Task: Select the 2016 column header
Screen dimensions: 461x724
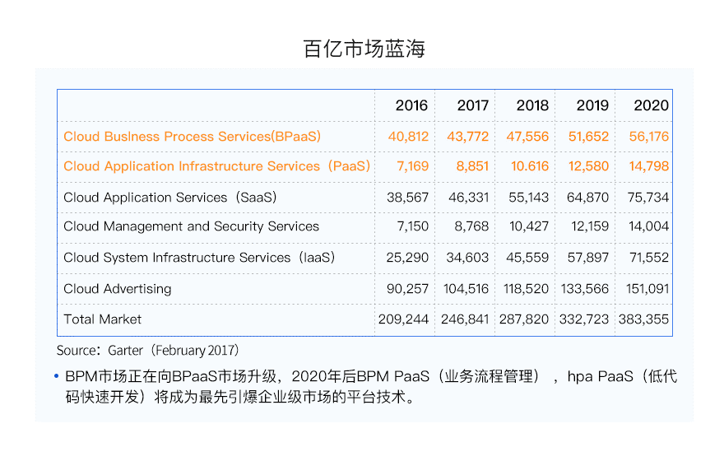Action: point(411,105)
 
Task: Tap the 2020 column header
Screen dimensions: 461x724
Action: point(651,105)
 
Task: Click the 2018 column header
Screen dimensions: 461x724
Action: point(532,105)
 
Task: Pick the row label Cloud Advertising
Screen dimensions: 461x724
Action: point(117,289)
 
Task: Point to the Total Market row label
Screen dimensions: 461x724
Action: point(102,319)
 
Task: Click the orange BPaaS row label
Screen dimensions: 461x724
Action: point(192,137)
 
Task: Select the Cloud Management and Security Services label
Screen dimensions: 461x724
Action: point(191,226)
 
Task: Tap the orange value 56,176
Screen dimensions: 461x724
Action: point(649,137)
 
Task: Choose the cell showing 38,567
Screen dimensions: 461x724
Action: point(407,198)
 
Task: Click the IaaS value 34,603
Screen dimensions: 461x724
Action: point(467,258)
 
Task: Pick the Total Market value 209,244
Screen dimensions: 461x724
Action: point(403,319)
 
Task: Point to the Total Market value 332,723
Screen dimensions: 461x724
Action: point(584,319)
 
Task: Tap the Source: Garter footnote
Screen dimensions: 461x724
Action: point(148,351)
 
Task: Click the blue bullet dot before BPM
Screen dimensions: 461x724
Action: point(57,377)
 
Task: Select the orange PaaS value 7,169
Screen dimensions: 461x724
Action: point(412,166)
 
